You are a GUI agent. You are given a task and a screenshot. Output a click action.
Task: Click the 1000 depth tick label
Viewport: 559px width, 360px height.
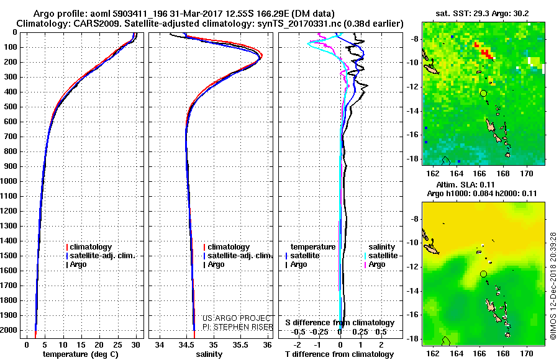coord(9,181)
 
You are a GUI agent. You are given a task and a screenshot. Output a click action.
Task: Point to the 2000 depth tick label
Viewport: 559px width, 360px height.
coord(9,330)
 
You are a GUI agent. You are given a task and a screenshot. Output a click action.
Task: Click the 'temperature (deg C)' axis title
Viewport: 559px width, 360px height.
coord(81,354)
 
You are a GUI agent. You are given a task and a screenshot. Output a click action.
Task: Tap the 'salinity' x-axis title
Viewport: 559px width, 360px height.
coord(209,354)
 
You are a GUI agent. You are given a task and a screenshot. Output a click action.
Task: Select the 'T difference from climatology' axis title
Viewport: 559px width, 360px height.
coord(339,354)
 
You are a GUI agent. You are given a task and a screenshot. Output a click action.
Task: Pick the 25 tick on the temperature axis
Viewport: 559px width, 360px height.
coord(117,345)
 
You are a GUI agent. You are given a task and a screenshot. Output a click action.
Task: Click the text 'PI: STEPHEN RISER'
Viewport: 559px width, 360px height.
coord(238,327)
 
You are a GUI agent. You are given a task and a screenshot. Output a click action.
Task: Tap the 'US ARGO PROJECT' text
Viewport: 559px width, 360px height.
coord(237,318)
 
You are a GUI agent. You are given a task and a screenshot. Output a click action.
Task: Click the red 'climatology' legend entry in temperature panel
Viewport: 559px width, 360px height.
coord(89,247)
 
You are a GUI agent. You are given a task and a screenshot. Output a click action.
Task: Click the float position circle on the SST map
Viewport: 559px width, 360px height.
coord(483,93)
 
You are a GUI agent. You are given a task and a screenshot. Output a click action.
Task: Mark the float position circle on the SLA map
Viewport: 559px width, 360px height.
coord(483,274)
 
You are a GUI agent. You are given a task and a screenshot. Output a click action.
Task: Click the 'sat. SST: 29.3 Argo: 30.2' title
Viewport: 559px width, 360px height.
coord(483,14)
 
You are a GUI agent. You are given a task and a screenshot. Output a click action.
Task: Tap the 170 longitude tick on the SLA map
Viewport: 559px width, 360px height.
coord(527,354)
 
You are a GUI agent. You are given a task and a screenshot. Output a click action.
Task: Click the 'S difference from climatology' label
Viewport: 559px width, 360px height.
coord(340,323)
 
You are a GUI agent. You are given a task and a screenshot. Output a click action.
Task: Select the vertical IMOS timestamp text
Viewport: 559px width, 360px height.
coord(553,286)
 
